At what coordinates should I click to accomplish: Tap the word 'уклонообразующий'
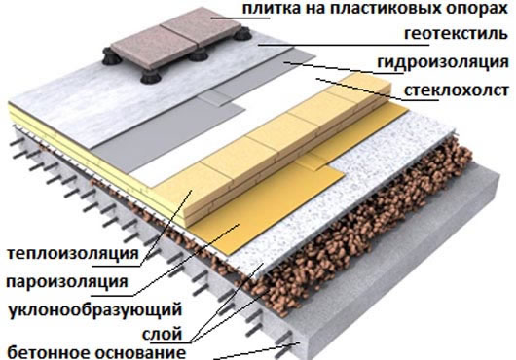pyautogui.click(x=93, y=310)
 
